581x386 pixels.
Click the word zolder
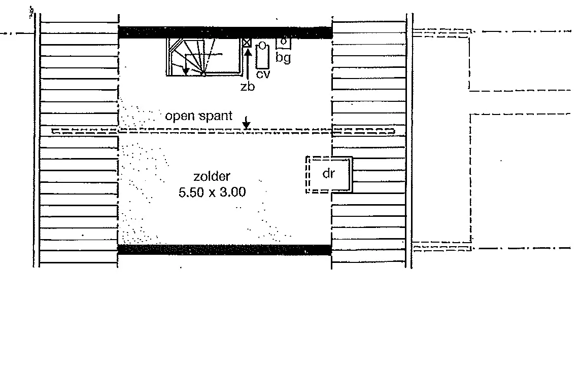(212, 176)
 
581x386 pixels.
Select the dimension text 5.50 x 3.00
(212, 192)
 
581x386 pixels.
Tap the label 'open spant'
(198, 116)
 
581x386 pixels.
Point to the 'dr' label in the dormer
(329, 173)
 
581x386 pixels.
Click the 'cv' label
(263, 74)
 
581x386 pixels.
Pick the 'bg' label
(283, 58)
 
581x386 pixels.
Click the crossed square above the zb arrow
(247, 43)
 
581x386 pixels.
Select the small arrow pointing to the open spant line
(246, 123)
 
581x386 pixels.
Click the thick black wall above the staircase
(225, 32)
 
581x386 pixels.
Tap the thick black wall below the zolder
(224, 250)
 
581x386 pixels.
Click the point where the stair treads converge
(203, 74)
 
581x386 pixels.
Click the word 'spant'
(216, 116)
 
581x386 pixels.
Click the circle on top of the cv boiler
(262, 46)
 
